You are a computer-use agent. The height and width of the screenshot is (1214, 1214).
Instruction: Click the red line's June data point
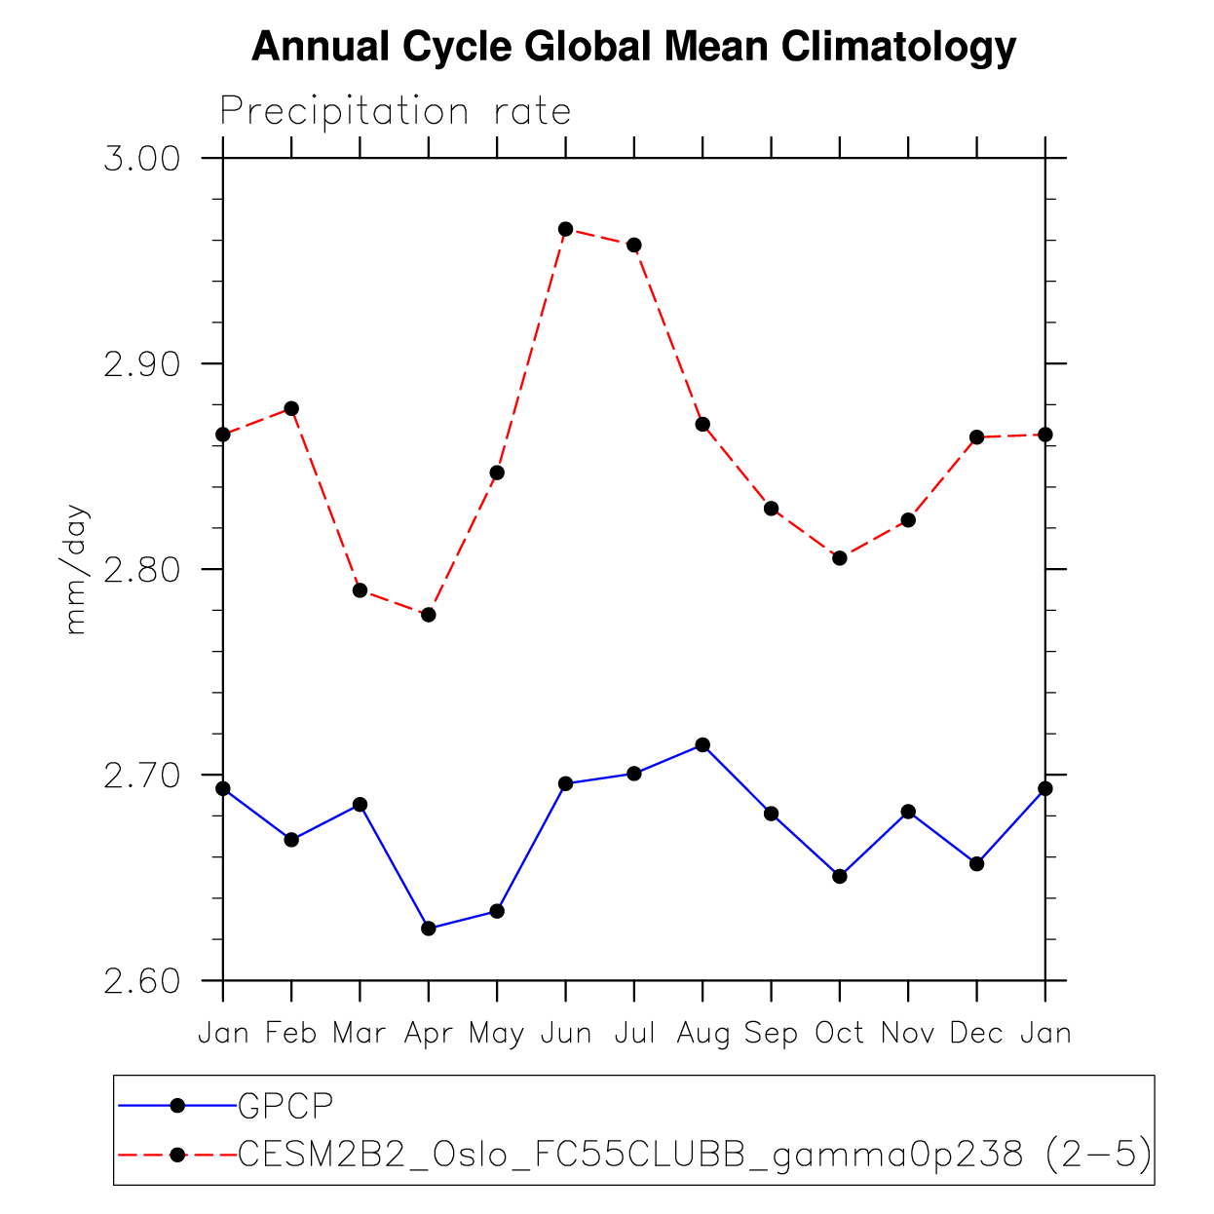565,229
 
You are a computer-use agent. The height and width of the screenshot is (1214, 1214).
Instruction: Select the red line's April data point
429,615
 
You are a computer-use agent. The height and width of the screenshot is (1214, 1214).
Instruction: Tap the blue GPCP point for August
702,745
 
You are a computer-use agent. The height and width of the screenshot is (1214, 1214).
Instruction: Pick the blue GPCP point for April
429,929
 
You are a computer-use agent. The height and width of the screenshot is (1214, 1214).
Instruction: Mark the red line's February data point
291,408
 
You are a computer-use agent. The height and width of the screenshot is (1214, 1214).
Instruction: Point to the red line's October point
840,558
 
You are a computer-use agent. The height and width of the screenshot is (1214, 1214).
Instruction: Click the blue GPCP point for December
976,864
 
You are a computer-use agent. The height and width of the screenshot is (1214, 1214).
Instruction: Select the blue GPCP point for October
840,876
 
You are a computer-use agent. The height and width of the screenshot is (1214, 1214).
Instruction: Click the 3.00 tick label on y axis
142,159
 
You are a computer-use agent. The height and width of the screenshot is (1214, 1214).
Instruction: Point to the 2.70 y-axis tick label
142,777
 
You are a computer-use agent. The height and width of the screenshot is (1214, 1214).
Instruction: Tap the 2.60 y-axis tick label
142,982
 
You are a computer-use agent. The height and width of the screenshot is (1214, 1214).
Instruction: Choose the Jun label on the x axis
565,1033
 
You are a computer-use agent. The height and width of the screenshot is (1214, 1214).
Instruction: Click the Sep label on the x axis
771,1033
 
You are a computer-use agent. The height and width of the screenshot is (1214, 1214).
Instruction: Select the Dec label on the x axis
976,1033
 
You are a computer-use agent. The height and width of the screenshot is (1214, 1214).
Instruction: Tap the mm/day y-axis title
76,570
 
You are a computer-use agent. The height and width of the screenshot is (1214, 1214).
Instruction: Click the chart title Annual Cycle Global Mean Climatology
633,47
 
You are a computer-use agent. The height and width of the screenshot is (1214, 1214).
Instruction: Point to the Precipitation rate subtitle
395,112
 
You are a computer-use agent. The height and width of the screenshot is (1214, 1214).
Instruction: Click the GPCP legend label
285,1105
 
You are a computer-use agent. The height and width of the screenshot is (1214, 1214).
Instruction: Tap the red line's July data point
634,245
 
